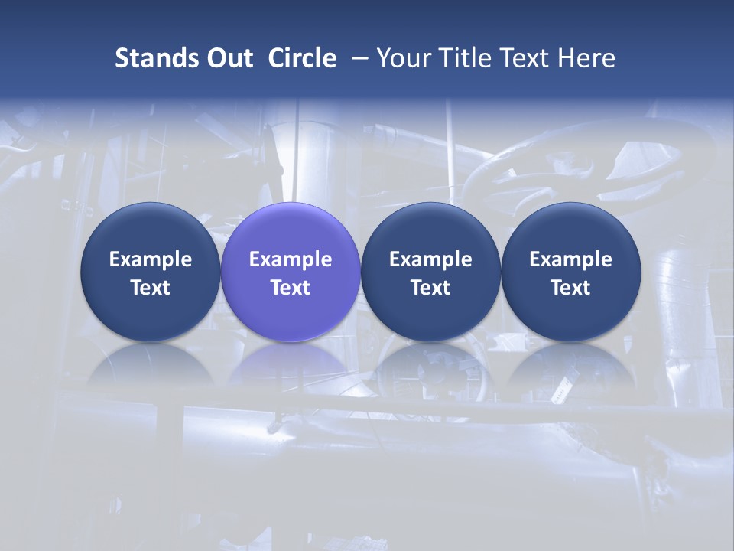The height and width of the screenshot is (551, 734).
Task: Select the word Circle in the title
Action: tap(302, 58)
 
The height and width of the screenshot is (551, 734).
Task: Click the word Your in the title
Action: tap(403, 58)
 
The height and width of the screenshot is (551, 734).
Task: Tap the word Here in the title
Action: tap(586, 58)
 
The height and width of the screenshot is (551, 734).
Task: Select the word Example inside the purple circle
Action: tap(291, 259)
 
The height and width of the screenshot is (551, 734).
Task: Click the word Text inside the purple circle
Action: tap(291, 288)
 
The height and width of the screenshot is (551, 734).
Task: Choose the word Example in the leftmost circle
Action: tap(151, 259)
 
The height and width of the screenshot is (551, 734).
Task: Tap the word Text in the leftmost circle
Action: tap(151, 288)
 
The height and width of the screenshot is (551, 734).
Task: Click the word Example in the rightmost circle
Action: tap(570, 259)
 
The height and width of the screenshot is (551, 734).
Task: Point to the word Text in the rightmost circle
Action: tap(570, 288)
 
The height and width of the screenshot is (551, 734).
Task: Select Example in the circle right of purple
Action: tap(430, 259)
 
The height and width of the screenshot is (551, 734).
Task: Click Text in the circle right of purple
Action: tap(430, 288)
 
